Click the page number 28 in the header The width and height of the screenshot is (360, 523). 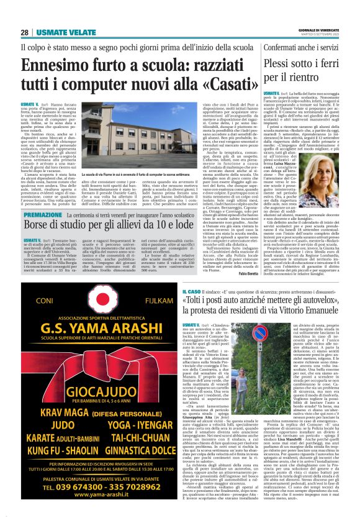25,33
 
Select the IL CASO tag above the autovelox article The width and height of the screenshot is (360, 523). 191,291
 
